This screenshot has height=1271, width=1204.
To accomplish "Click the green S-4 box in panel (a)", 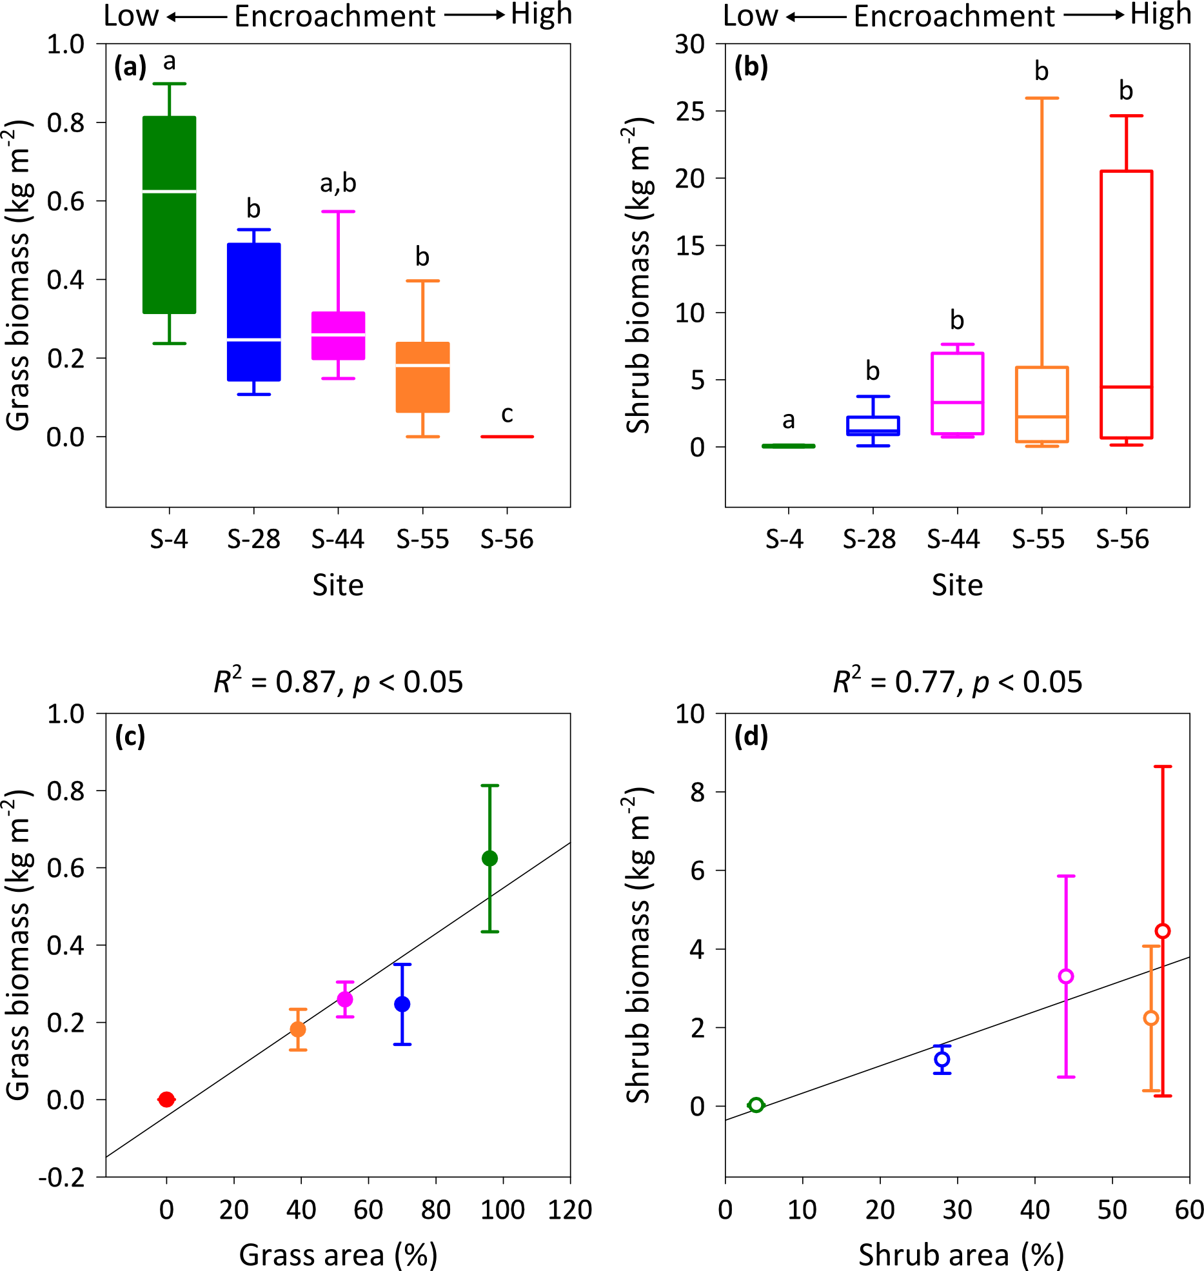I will tap(169, 215).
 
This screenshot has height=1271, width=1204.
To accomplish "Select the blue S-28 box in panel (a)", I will tap(253, 311).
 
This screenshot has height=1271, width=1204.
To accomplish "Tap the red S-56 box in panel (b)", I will tap(1126, 304).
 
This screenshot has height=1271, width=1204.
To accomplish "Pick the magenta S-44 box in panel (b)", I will tap(957, 393).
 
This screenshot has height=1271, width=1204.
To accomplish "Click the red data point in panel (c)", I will tap(166, 1099).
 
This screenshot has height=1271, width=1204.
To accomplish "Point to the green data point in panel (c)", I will tap(489, 858).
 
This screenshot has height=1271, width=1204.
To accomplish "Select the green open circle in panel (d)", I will tap(756, 1105).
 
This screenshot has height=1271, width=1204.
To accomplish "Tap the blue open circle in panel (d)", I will tap(942, 1059).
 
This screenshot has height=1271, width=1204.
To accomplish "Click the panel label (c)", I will tap(130, 736).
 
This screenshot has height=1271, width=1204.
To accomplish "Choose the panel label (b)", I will tap(751, 66).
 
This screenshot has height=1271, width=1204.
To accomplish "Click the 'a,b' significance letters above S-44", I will tap(338, 184).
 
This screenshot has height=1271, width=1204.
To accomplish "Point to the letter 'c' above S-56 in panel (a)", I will tap(507, 414).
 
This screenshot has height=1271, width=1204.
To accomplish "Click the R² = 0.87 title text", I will tap(338, 682).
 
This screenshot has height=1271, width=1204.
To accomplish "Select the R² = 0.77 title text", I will tap(957, 682).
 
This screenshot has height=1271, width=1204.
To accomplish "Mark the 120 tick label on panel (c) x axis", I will tap(570, 1210).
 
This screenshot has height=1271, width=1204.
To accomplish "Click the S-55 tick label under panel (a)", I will tap(422, 539).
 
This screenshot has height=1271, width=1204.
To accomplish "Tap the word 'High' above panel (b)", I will tap(1160, 14).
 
